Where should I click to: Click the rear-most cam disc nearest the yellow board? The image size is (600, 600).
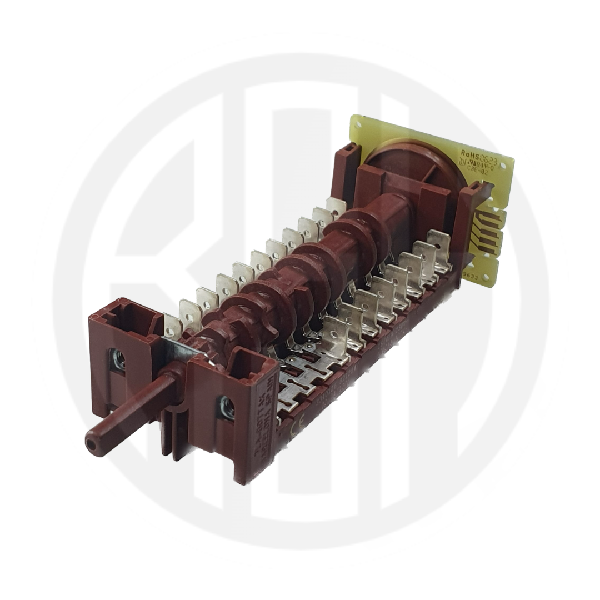[367, 225]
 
